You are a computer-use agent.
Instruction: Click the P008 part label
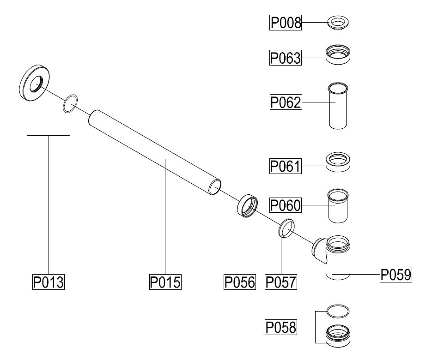pyautogui.click(x=286, y=23)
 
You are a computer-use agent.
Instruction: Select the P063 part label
pyautogui.click(x=286, y=59)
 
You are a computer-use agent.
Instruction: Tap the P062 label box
pyautogui.click(x=286, y=102)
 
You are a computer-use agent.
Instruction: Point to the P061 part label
pyautogui.click(x=286, y=166)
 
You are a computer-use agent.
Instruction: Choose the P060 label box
pyautogui.click(x=286, y=205)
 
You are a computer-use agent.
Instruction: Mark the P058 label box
pyautogui.click(x=280, y=328)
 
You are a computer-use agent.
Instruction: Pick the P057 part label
pyautogui.click(x=280, y=282)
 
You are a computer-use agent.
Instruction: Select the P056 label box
pyautogui.click(x=240, y=282)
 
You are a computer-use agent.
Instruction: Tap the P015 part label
pyautogui.click(x=165, y=282)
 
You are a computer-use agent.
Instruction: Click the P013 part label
pyautogui.click(x=48, y=282)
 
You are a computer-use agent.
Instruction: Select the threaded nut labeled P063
pyautogui.click(x=338, y=54)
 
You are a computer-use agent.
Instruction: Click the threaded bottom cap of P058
pyautogui.click(x=338, y=336)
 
